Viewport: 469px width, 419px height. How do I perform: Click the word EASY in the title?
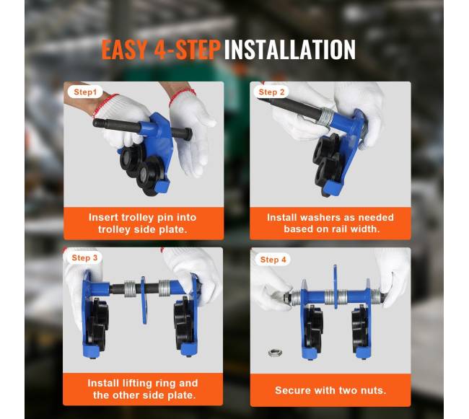(x=125, y=49)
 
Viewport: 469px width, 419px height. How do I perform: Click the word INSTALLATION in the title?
(x=290, y=49)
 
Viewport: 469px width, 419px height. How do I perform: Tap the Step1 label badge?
(x=85, y=92)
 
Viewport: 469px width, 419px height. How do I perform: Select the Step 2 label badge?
(x=271, y=92)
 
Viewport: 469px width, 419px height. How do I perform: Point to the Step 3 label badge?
(x=84, y=258)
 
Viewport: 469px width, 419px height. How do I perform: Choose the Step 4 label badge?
(x=273, y=260)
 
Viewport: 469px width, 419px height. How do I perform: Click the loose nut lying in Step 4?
(x=275, y=353)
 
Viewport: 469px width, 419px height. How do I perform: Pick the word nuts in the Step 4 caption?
(x=374, y=391)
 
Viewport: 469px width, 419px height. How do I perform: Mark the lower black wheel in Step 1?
(x=149, y=176)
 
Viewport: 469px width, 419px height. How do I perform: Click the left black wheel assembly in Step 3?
(x=96, y=324)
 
